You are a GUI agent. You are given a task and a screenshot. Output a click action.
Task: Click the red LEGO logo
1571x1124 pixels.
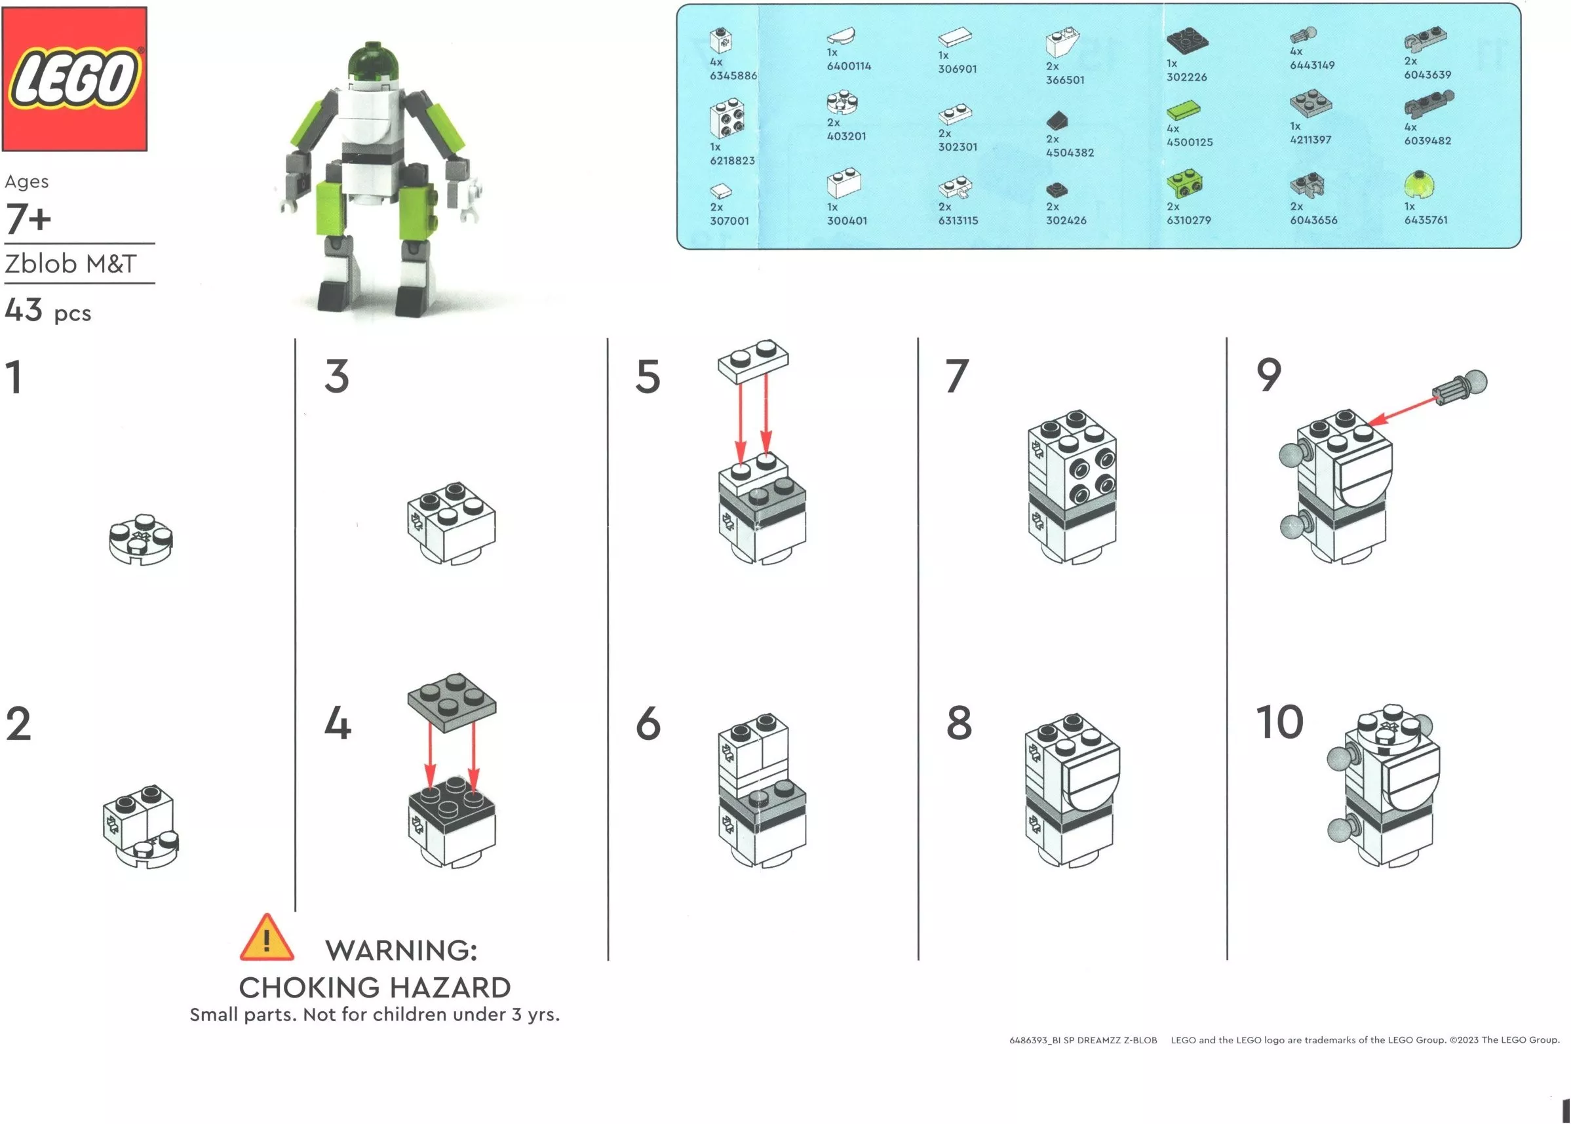(x=75, y=79)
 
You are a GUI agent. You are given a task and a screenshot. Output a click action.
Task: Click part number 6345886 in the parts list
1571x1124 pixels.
(x=733, y=75)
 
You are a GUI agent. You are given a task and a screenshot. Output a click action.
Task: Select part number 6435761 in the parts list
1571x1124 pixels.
(x=1426, y=220)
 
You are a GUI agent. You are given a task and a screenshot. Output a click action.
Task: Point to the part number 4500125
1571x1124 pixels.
(x=1189, y=142)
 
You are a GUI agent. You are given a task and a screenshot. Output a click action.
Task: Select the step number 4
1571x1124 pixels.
(x=338, y=724)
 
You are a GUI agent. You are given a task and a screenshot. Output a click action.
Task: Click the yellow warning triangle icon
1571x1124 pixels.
(x=267, y=938)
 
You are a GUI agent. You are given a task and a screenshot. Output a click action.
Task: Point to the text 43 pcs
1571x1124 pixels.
(x=48, y=311)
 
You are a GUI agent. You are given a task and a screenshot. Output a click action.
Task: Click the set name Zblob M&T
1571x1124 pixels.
(x=71, y=263)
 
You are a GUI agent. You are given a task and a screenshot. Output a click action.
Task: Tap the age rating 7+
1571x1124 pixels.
(x=28, y=219)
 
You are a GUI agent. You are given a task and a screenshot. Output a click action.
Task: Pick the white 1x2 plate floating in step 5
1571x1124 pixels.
(x=753, y=360)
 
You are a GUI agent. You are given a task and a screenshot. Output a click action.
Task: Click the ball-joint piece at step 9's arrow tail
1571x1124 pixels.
(x=1460, y=388)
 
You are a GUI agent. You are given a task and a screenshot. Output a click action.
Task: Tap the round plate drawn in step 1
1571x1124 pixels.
(x=141, y=539)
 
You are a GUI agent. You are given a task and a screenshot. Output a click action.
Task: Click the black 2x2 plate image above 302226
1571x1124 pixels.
(x=1188, y=40)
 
